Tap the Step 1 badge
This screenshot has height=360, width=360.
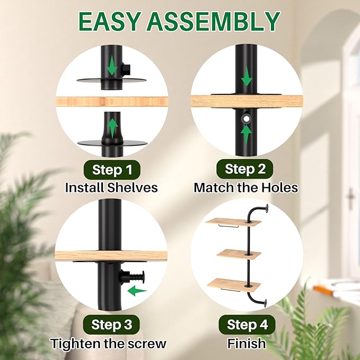coord(112,170)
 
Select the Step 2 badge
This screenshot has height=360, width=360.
coord(245,169)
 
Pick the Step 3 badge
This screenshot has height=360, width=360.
coord(111,324)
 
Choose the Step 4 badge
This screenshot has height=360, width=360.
coord(247,324)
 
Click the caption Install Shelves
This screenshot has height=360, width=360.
coord(111,188)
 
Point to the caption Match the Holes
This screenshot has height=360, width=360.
coord(246,188)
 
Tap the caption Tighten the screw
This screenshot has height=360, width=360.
coord(108,344)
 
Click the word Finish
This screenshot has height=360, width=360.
coord(247,344)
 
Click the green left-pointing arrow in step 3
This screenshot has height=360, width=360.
coord(137,291)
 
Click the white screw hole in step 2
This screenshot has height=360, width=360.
coord(247,119)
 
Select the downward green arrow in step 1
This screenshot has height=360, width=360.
coord(112,66)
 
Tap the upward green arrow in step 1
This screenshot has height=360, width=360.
coord(112,128)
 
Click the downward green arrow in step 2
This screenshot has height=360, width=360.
coord(247,76)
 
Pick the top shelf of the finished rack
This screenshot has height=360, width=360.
coord(233,222)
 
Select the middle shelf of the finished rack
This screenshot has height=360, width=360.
coord(239,254)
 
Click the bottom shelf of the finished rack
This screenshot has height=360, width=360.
coord(234,285)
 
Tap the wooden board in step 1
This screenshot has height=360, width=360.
coord(112,101)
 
